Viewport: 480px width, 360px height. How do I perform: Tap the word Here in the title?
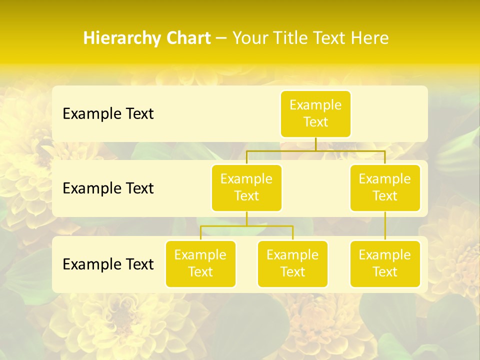coord(369,38)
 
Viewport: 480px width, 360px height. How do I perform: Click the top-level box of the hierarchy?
coord(315,113)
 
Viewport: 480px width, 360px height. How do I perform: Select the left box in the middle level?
coord(246,187)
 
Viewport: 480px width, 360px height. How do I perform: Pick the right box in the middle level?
coord(385,187)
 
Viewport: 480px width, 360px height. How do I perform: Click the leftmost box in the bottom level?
coord(200,263)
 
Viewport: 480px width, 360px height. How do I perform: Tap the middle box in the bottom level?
coord(292,263)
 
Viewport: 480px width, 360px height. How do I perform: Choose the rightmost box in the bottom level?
coord(385,263)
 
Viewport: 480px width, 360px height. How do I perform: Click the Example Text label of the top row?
coord(108,114)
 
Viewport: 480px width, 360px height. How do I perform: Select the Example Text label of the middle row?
coord(108,188)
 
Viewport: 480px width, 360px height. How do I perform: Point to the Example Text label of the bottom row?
coord(108,264)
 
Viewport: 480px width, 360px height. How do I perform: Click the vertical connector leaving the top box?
coord(315,144)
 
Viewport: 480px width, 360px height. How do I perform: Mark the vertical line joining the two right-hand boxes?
coord(385,225)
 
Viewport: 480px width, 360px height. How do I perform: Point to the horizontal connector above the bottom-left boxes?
coord(246,226)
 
